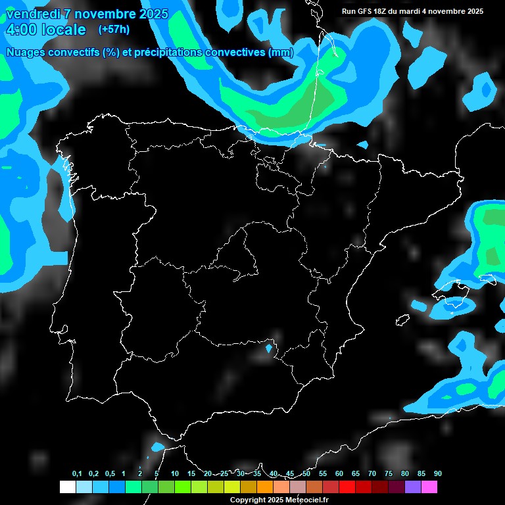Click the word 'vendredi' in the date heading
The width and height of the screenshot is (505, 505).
click(30, 14)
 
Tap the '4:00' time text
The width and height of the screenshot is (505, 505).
click(21, 30)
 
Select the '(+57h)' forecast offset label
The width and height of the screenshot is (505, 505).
click(114, 29)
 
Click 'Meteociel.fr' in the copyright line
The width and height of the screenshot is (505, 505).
click(312, 500)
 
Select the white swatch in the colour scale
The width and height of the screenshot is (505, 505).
click(68, 487)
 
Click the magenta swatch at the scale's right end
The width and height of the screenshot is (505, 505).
click(429, 487)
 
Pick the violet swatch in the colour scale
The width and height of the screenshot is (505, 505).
click(413, 487)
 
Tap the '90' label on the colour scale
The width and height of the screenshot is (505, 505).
click(438, 474)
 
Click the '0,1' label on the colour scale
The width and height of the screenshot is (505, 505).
click(77, 474)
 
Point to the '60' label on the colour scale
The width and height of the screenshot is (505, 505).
click(339, 474)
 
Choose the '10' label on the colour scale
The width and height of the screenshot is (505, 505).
click(174, 474)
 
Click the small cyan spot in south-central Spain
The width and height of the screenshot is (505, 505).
click(268, 348)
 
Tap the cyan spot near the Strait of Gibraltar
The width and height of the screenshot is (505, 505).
click(157, 447)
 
